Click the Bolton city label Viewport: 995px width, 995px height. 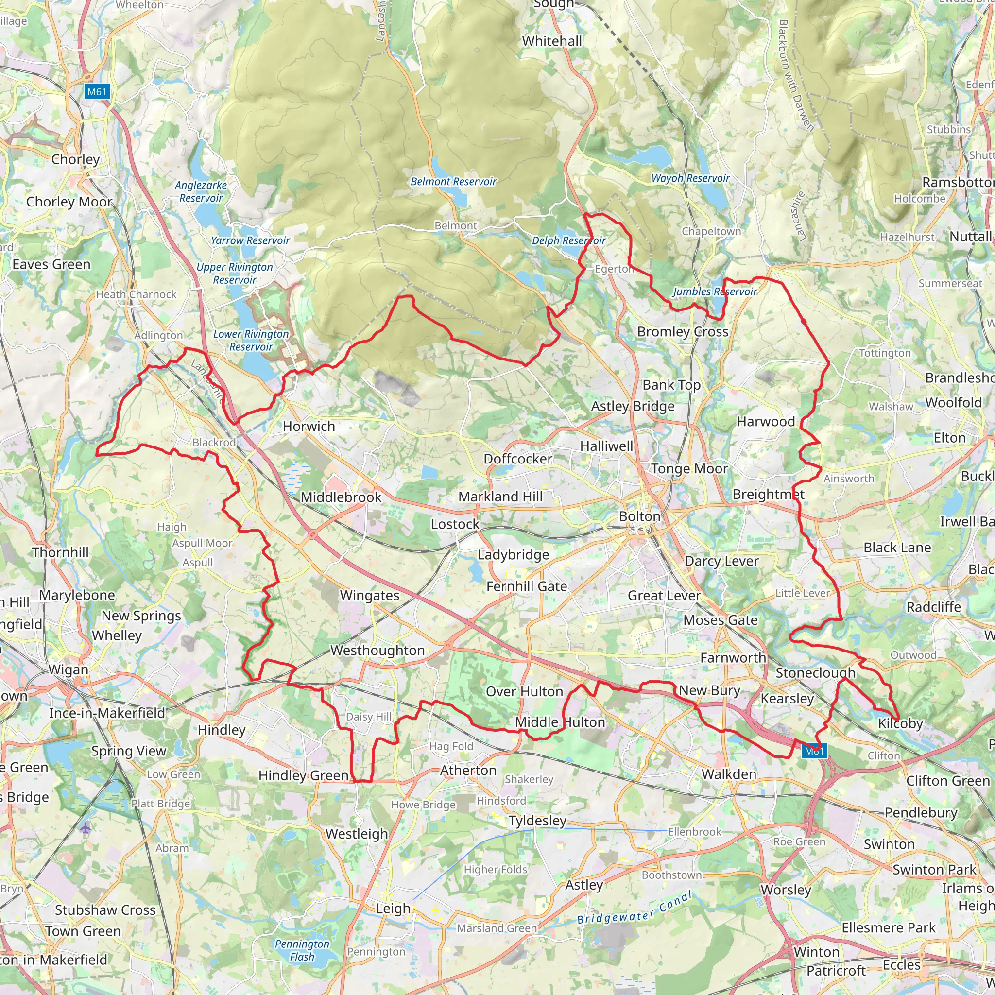(639, 516)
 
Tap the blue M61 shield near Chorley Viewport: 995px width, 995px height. (96, 92)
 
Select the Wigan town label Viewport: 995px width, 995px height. (69, 669)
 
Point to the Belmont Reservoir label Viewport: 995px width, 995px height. (453, 181)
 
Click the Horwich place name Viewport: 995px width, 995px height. (309, 427)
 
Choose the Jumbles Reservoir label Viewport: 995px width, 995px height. (715, 292)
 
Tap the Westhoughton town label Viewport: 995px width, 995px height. (377, 651)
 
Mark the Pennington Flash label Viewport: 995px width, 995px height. (302, 950)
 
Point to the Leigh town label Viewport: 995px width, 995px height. (393, 909)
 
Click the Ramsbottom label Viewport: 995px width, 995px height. (958, 182)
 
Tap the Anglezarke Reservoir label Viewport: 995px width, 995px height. (201, 191)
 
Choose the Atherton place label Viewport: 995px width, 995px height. (468, 771)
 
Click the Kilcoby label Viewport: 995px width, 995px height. (900, 723)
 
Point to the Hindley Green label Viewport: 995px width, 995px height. (303, 775)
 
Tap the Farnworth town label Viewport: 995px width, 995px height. (733, 658)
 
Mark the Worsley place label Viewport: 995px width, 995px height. (786, 890)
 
